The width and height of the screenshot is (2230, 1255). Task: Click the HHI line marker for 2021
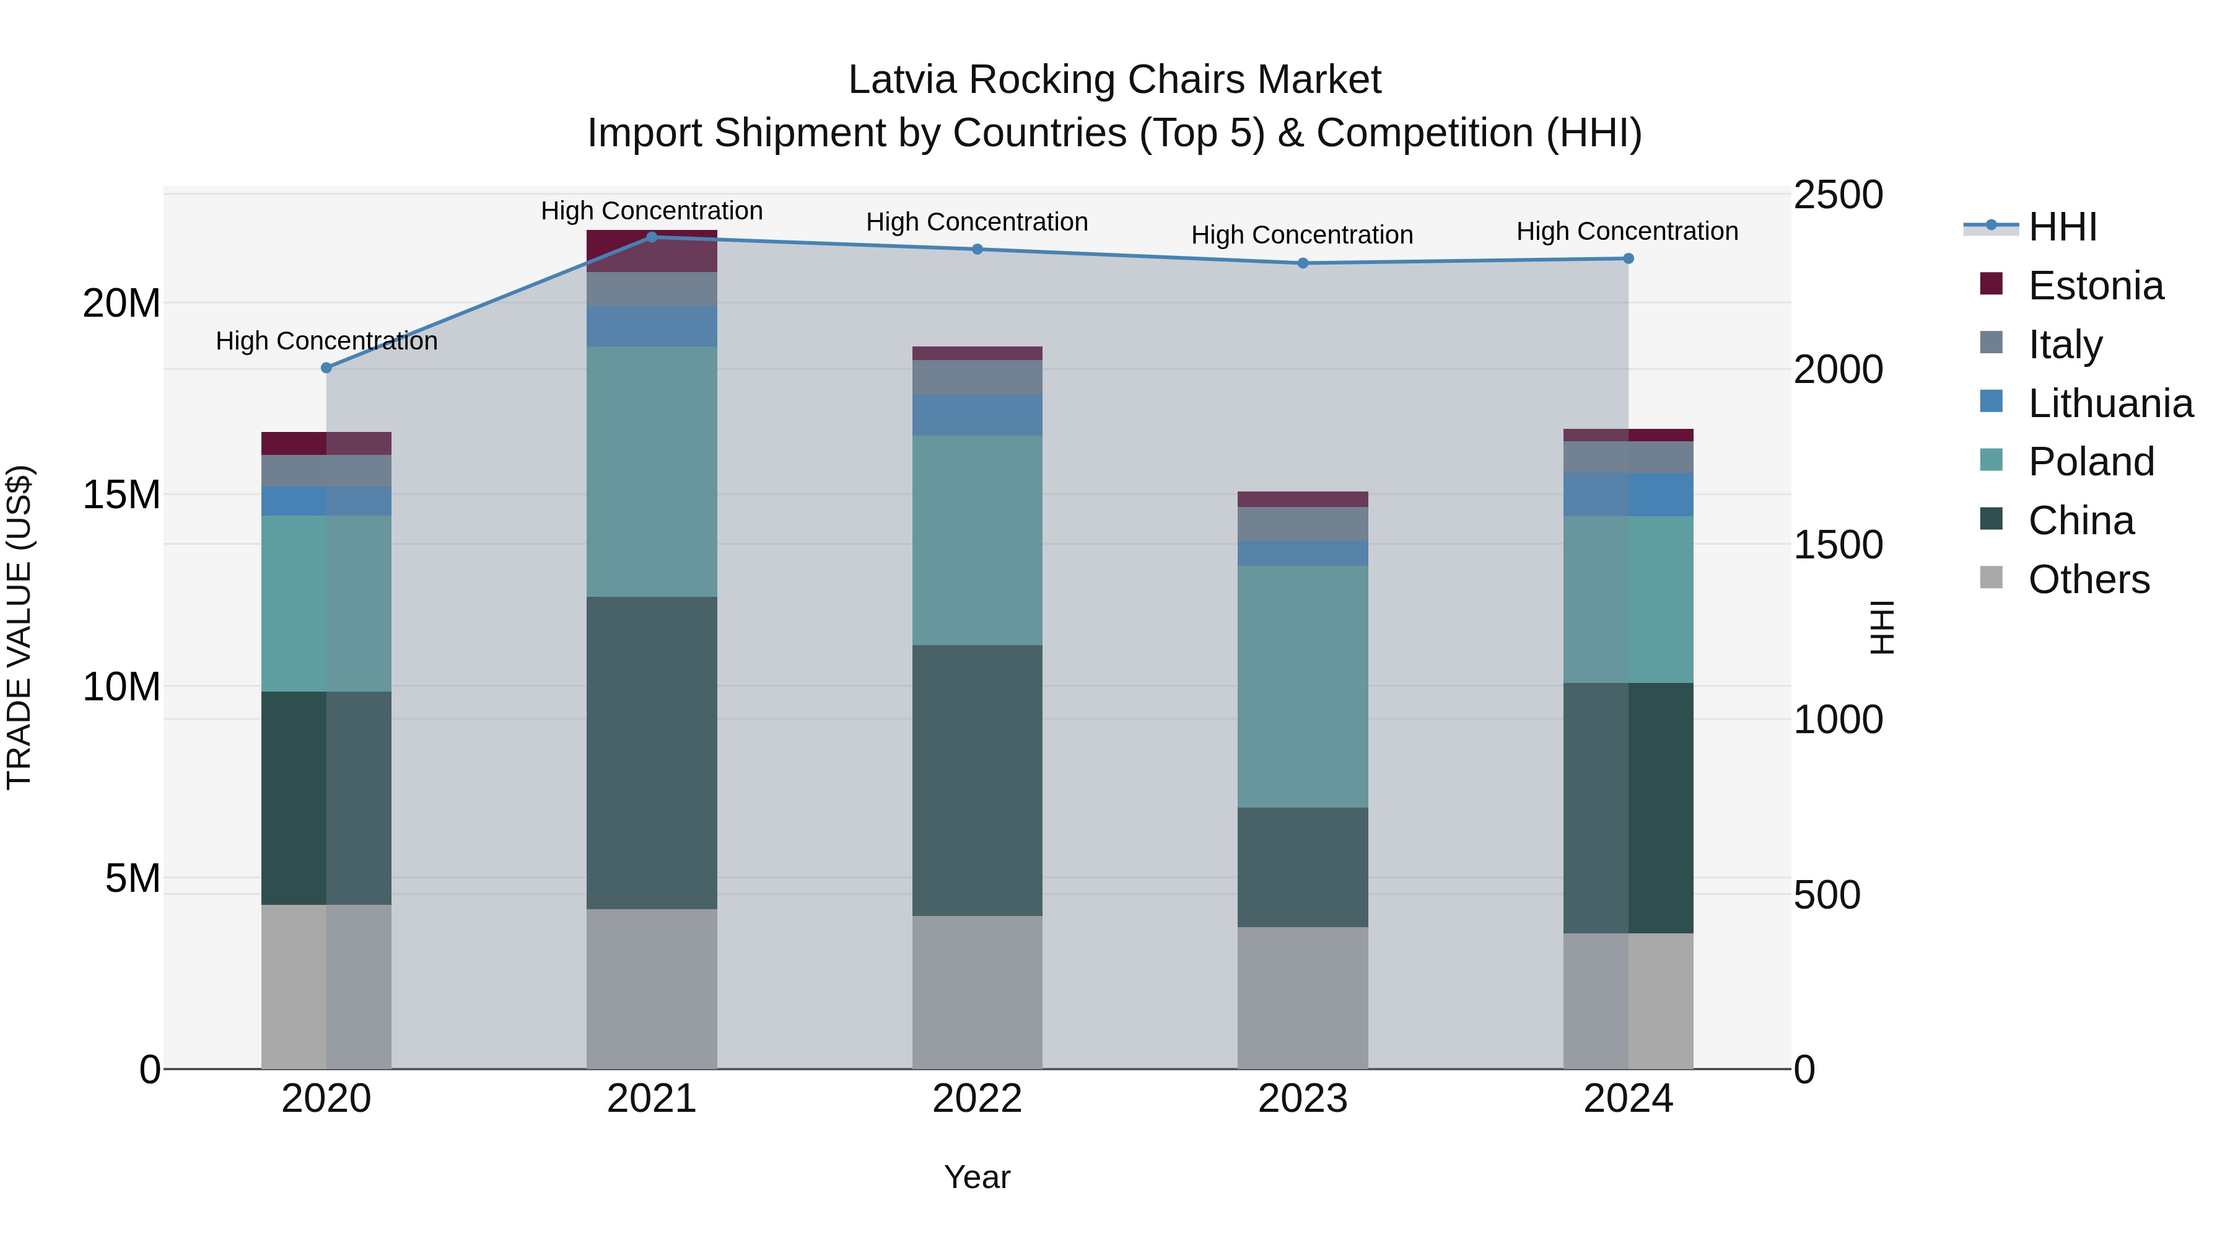pos(652,237)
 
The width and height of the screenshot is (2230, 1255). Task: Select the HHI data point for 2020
pos(326,368)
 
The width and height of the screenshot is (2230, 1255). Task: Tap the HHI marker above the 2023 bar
pos(1303,263)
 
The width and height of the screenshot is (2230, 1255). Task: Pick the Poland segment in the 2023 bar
pos(1303,686)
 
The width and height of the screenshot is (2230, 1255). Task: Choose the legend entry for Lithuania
pos(2110,403)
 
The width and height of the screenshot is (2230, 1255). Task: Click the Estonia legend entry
pos(2095,286)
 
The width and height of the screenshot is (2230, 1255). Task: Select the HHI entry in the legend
pos(2062,227)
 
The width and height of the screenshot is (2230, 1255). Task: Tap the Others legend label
pos(2088,579)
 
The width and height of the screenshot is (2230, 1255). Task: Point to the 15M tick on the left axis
pos(121,495)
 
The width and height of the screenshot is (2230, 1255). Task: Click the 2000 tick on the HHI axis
pos(1837,370)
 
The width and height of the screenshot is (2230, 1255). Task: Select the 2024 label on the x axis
pos(1627,1099)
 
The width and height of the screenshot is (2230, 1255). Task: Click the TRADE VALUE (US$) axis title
pos(19,627)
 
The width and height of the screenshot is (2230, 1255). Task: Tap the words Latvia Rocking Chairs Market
pos(1114,80)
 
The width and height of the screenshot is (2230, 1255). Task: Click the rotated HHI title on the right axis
pos(1882,627)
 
